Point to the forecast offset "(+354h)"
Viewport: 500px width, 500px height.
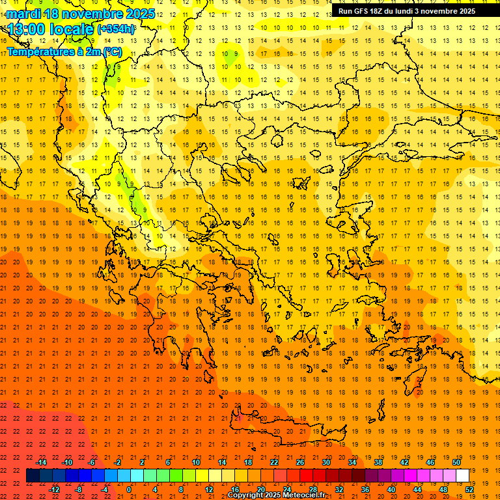coord(116,29)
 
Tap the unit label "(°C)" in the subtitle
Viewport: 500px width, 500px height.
coord(111,51)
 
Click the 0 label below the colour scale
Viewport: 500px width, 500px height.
coord(129,490)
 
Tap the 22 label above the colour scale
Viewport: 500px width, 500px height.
coord(274,462)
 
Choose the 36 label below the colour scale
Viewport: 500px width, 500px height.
coord(365,490)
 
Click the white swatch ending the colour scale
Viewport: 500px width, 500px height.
coord(462,476)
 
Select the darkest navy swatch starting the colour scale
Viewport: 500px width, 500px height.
coord(33,476)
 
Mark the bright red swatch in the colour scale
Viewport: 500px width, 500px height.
coord(306,476)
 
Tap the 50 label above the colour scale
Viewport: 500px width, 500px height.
coord(456,462)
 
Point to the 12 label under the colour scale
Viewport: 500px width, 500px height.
coord(209,490)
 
